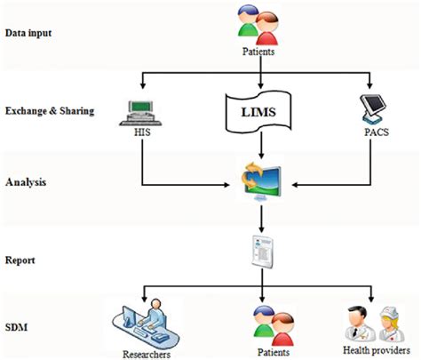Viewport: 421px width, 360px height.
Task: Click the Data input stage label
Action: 28,33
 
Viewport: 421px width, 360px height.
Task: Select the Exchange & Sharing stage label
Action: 50,111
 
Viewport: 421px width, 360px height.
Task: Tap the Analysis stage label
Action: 26,182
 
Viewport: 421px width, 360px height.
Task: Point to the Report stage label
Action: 20,260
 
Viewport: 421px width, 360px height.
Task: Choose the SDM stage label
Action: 16,327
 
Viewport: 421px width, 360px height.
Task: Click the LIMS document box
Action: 258,112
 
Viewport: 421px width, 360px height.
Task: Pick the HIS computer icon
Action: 140,113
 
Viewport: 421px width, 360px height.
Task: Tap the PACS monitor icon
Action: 373,108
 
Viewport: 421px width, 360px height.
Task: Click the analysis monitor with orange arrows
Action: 261,181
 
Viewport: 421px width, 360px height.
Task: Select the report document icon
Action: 262,252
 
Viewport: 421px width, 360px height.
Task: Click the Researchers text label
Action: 147,355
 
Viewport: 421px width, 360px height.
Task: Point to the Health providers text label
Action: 377,350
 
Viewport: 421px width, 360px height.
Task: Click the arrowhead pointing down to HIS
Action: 143,85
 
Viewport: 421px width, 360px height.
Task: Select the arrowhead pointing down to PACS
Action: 369,85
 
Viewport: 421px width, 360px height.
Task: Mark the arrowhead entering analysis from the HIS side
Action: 226,185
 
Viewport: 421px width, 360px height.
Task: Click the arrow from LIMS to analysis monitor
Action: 261,145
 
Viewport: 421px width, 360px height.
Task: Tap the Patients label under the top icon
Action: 258,52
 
